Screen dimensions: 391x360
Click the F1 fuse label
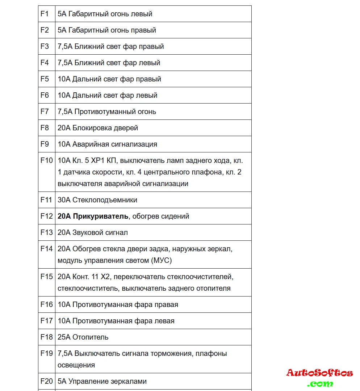[44, 14]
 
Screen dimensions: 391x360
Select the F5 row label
[44, 79]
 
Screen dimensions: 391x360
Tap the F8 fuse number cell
[44, 128]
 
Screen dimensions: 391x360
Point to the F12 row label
[46, 216]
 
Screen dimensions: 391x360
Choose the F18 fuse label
[46, 337]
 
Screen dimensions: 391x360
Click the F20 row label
[46, 381]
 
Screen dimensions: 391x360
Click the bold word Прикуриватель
[100, 216]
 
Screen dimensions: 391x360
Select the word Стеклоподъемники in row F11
[105, 200]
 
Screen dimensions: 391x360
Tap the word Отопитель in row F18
[90, 337]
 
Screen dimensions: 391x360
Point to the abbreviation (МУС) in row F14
[160, 260]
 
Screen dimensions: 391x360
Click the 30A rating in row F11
[64, 200]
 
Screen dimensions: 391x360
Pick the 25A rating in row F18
[64, 337]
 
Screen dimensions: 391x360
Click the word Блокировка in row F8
[91, 128]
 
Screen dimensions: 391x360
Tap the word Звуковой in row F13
[88, 232]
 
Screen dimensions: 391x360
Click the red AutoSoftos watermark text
[319, 373]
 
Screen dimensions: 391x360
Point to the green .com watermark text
[320, 383]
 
